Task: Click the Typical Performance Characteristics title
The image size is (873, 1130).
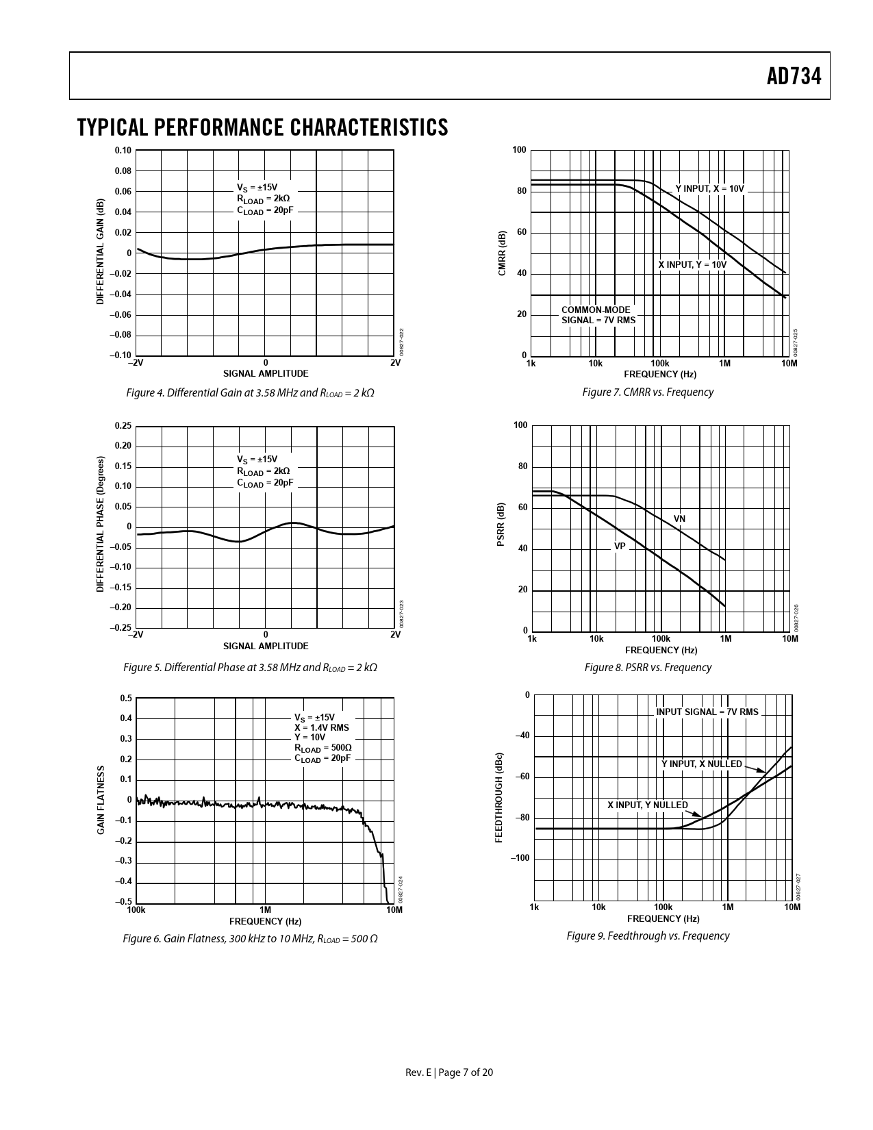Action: click(x=263, y=127)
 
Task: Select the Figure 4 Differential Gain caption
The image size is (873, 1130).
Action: click(x=250, y=393)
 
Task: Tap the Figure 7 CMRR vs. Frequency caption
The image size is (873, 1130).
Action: click(x=647, y=392)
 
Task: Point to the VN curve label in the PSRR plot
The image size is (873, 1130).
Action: click(x=679, y=519)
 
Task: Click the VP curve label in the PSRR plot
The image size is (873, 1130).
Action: click(x=620, y=547)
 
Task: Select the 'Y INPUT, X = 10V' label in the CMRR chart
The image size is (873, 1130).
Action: click(x=709, y=188)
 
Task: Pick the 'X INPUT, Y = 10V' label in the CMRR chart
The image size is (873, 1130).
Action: click(x=692, y=264)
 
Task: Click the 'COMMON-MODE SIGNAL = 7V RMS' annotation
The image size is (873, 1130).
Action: click(x=598, y=315)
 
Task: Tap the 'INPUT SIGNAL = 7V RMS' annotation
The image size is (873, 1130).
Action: click(x=707, y=712)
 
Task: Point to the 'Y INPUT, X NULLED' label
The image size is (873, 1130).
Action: click(x=701, y=764)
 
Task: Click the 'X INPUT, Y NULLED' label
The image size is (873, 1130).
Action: click(x=648, y=805)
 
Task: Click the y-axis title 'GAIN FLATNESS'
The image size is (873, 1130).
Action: click(x=101, y=800)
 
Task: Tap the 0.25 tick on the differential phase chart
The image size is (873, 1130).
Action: click(x=123, y=426)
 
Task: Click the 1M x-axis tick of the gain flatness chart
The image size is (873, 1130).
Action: click(x=265, y=910)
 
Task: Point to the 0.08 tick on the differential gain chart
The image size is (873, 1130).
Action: click(x=123, y=171)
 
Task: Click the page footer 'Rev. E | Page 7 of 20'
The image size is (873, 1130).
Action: click(x=449, y=1072)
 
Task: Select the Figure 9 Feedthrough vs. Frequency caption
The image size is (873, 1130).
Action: click(x=648, y=936)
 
